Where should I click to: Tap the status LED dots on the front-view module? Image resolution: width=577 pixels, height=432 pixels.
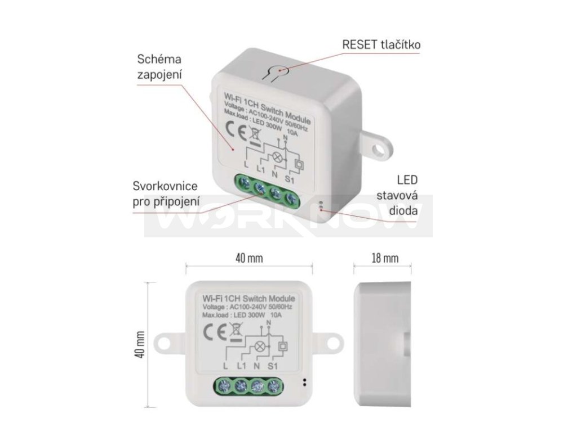click(305, 382)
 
